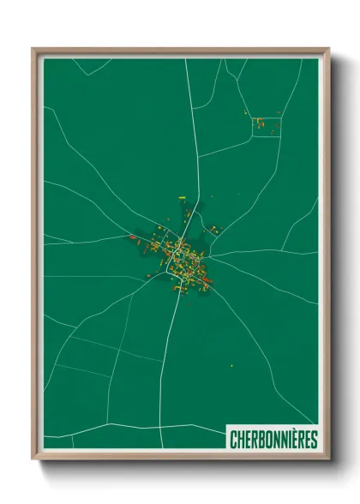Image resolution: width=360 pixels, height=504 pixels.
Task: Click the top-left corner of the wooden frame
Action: (x=33, y=49)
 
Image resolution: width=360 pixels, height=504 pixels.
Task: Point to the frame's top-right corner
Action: (x=328, y=49)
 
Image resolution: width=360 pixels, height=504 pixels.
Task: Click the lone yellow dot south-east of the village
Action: (x=231, y=366)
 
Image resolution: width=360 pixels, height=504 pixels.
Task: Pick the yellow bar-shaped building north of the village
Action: (x=183, y=198)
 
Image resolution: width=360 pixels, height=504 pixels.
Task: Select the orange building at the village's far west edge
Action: (x=132, y=237)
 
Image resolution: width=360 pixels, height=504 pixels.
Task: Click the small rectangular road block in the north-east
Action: (x=266, y=126)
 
